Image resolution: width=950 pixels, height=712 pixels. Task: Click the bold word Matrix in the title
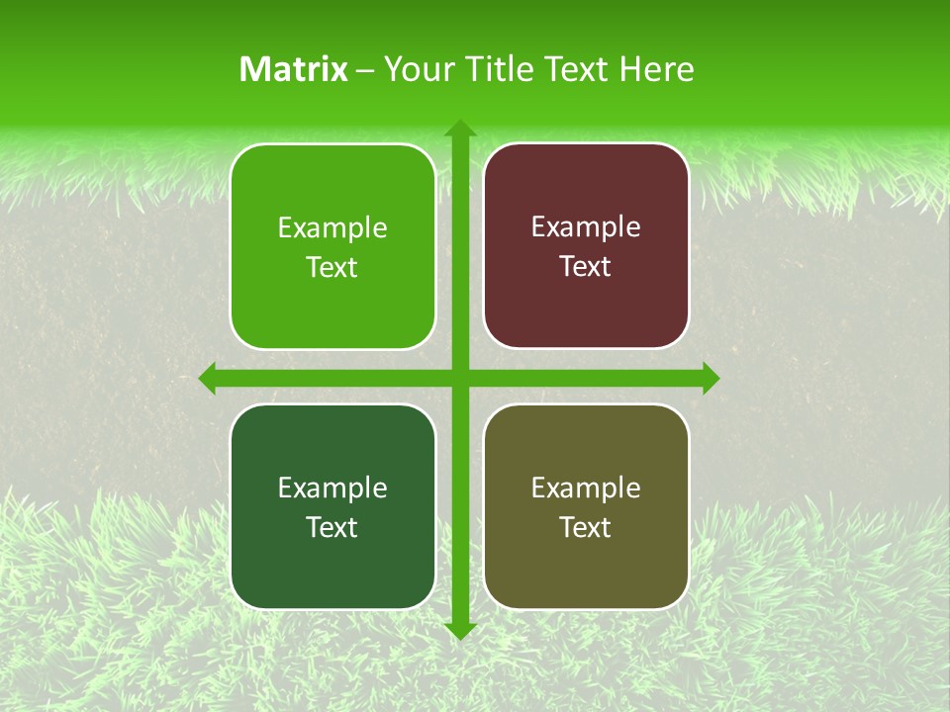click(294, 69)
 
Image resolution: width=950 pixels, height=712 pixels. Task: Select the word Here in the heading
click(656, 69)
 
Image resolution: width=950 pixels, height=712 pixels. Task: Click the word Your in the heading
click(415, 69)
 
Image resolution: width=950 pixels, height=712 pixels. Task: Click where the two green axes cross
click(460, 378)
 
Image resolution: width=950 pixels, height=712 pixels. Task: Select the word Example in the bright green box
click(332, 228)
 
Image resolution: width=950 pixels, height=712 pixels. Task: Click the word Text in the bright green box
click(332, 268)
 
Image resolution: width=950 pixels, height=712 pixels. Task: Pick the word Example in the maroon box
click(586, 227)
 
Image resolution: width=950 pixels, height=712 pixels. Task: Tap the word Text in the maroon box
click(586, 267)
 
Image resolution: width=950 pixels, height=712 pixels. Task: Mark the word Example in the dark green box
click(332, 489)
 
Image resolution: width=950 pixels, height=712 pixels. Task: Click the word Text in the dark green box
click(332, 528)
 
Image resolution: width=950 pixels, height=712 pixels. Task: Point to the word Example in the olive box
click(586, 489)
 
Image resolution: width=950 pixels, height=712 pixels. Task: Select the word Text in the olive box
click(586, 528)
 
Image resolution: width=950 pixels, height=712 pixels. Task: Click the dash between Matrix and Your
click(365, 70)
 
